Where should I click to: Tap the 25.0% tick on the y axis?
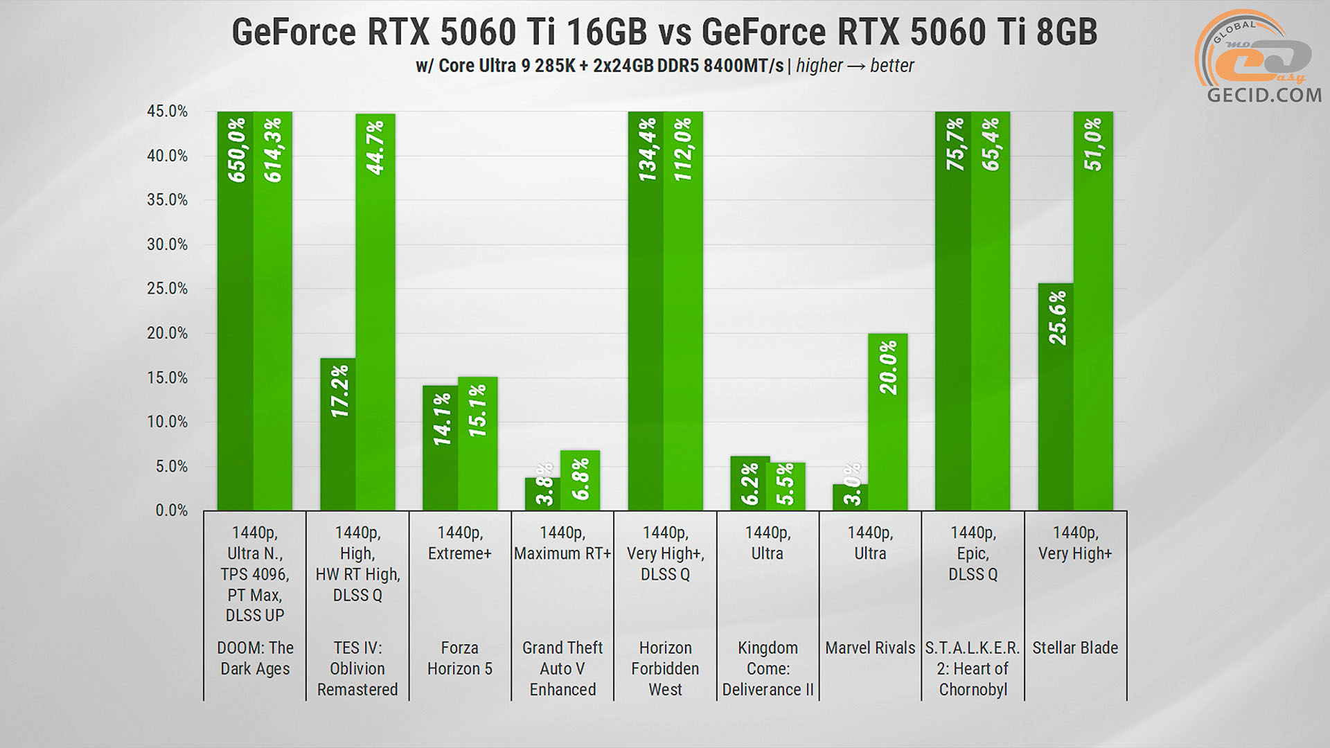click(x=167, y=289)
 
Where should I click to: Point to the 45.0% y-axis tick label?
click(x=167, y=112)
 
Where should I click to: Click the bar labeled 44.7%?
click(x=375, y=312)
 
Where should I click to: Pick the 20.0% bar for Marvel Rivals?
click(x=887, y=422)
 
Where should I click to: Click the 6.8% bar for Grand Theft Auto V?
click(x=580, y=481)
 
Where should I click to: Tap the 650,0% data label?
click(x=237, y=150)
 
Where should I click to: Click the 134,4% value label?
click(x=647, y=150)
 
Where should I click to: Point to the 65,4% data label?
click(x=991, y=144)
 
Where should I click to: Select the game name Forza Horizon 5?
click(x=459, y=658)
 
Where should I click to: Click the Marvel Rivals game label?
click(x=870, y=648)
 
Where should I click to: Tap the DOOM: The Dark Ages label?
click(x=255, y=658)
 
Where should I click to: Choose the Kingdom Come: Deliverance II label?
click(x=768, y=668)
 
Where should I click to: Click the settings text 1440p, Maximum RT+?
click(x=562, y=543)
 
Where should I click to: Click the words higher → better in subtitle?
click(x=855, y=66)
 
